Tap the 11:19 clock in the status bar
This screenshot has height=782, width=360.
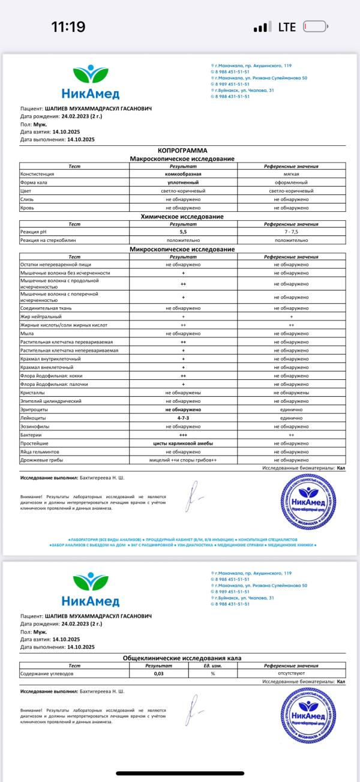(68, 27)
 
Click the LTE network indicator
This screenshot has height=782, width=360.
(287, 28)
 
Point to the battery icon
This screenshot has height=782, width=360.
(316, 27)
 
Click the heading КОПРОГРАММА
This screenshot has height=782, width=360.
(182, 151)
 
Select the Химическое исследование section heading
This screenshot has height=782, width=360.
(182, 216)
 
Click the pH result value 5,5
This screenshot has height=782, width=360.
(182, 231)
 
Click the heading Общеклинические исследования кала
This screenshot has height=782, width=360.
(182, 658)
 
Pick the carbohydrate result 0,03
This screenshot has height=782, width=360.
(159, 674)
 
